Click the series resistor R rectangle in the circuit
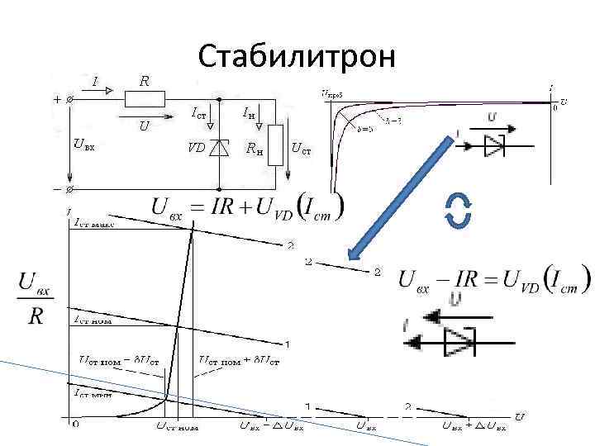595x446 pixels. click(145, 99)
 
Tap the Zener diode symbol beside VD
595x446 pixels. click(219, 149)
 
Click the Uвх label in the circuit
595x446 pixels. click(83, 146)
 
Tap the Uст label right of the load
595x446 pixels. click(302, 149)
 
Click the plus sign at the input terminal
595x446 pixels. click(56, 99)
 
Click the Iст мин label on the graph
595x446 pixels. click(98, 393)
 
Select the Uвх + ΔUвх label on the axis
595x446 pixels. click(469, 426)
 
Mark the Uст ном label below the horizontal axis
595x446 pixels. click(178, 426)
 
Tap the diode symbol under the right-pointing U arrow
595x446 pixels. click(494, 145)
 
